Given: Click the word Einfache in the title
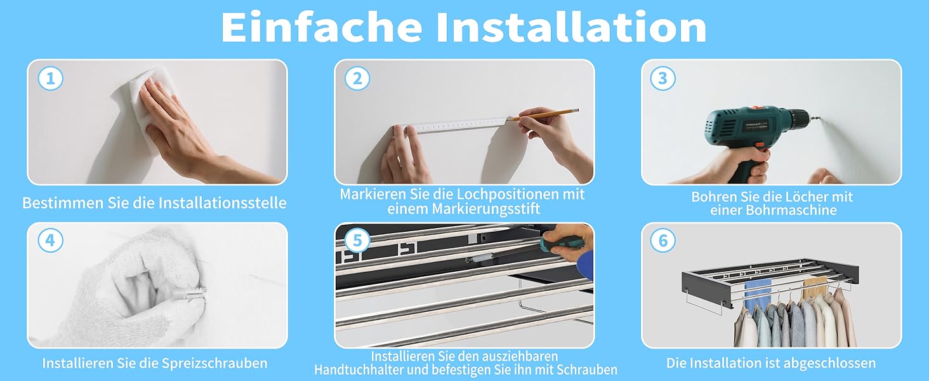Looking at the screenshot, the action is pyautogui.click(x=322, y=27).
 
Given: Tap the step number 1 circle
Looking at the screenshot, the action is pyautogui.click(x=51, y=79).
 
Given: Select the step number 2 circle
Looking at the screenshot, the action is pyautogui.click(x=357, y=79).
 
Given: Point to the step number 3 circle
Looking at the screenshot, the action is pyautogui.click(x=662, y=79).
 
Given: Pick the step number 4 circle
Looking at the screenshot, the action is pyautogui.click(x=51, y=240).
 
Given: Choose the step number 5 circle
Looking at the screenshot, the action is pyautogui.click(x=357, y=240).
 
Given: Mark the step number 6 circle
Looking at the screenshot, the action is pyautogui.click(x=662, y=240).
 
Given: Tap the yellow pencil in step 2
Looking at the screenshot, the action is pyautogui.click(x=544, y=114).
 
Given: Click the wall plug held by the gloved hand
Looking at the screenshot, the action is pyautogui.click(x=188, y=293).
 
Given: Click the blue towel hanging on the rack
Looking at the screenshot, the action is pyautogui.click(x=757, y=293).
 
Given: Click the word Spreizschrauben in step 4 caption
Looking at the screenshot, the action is pyautogui.click(x=214, y=363).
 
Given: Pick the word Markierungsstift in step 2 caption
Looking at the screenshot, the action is pyautogui.click(x=486, y=208).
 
